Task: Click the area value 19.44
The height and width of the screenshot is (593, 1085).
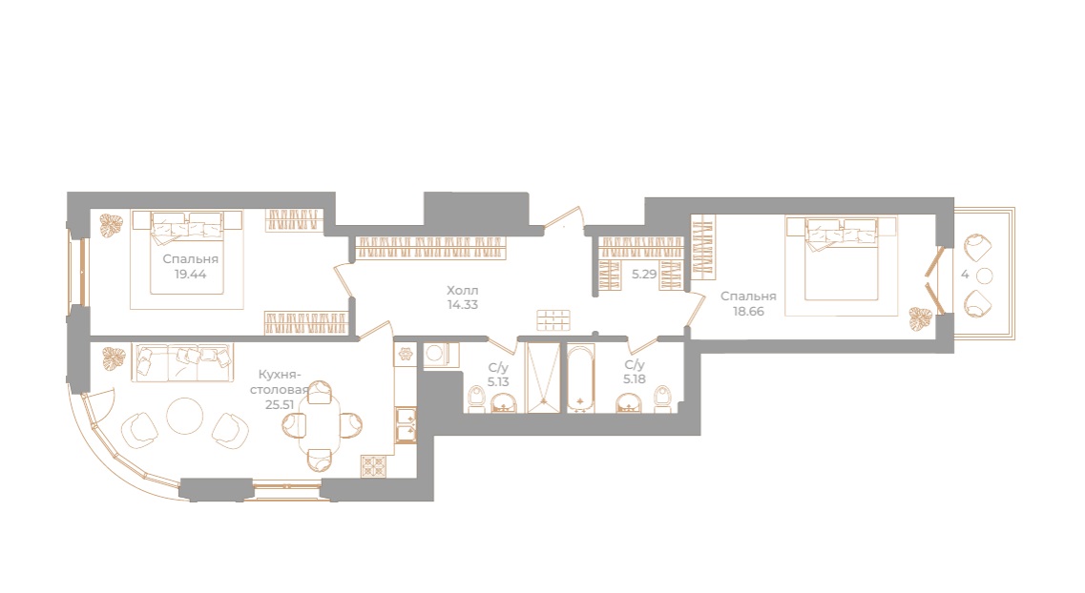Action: pyautogui.click(x=191, y=274)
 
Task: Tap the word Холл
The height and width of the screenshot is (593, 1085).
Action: pyautogui.click(x=462, y=290)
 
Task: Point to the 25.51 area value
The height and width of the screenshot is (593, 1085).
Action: pyautogui.click(x=278, y=403)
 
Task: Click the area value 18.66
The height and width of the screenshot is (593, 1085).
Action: pyautogui.click(x=748, y=311)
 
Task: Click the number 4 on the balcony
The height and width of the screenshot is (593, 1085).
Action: pyautogui.click(x=966, y=275)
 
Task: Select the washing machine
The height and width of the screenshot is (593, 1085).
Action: pyautogui.click(x=437, y=355)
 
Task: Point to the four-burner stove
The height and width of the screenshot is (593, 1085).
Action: pyautogui.click(x=373, y=465)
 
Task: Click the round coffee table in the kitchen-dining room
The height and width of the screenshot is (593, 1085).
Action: pyautogui.click(x=184, y=416)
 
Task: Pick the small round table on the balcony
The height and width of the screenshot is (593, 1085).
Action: pyautogui.click(x=985, y=276)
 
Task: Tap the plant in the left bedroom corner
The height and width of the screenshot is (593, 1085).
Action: pyautogui.click(x=113, y=225)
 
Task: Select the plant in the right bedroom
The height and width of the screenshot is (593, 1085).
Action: pyautogui.click(x=920, y=317)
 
